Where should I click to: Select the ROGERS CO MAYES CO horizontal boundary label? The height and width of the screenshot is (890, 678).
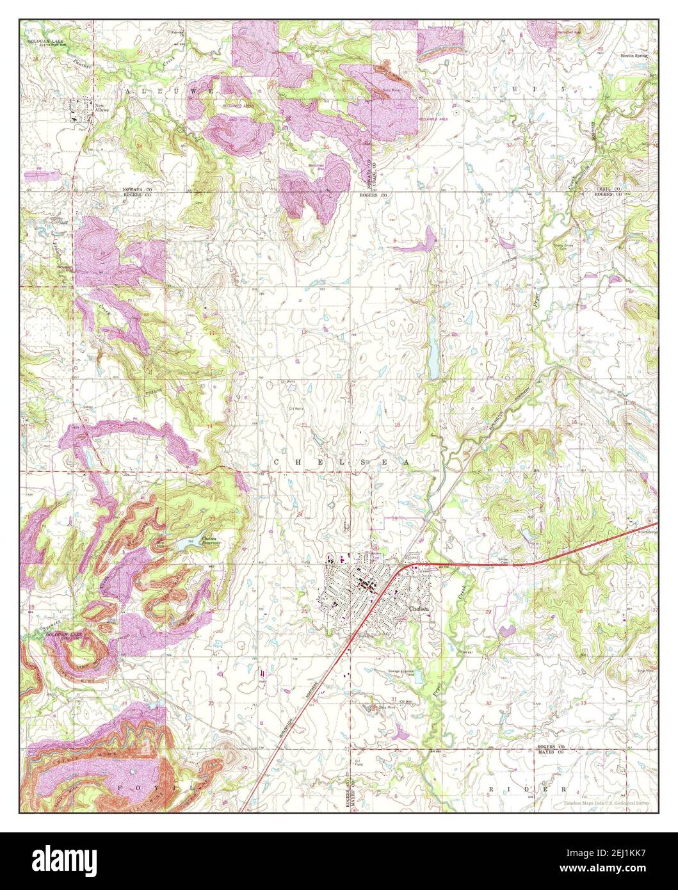pyautogui.click(x=550, y=750)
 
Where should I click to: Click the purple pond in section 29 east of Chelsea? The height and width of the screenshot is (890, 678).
pyautogui.click(x=508, y=631)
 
